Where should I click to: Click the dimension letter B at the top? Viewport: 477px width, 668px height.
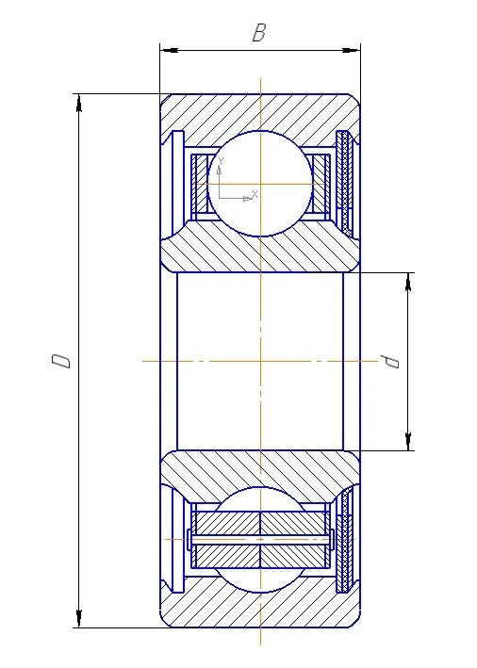(x=258, y=33)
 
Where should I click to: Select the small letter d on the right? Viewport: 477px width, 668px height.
(x=387, y=361)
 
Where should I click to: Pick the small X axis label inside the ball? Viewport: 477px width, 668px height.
(x=255, y=192)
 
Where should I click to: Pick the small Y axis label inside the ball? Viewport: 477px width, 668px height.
(x=220, y=162)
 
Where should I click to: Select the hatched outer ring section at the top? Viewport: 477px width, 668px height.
(x=259, y=111)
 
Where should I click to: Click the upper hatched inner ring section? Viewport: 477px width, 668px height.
(x=259, y=251)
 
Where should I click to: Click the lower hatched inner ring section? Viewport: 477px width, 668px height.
(x=259, y=470)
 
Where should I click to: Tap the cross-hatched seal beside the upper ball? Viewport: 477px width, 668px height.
(x=346, y=183)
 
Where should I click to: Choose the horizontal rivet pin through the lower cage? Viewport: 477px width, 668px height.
(x=260, y=540)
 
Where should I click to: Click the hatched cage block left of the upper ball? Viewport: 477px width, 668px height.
(x=197, y=183)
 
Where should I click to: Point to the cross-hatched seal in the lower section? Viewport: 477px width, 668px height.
(x=346, y=539)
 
